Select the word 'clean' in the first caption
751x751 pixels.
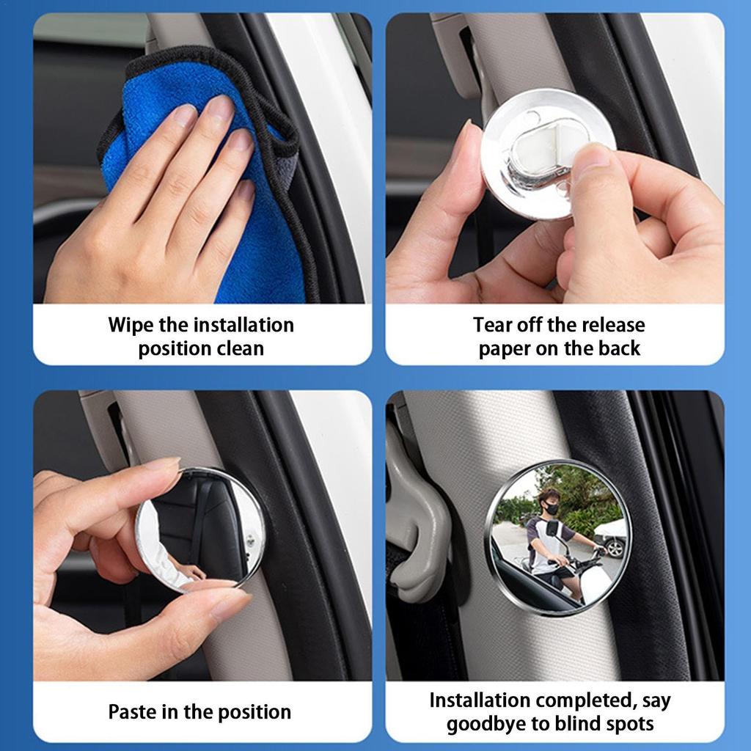coord(241,348)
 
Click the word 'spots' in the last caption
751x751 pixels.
coord(628,725)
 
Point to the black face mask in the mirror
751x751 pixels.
coord(550,508)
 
